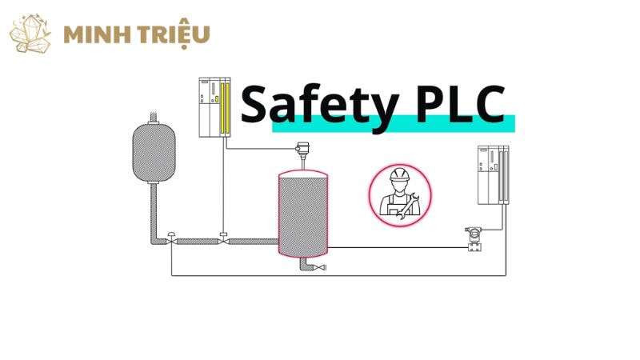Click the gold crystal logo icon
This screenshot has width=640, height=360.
coord(30,34)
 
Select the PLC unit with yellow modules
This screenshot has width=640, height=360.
coord(214,107)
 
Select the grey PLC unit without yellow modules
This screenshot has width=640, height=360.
coord(492,174)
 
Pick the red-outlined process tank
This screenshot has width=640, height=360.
coord(303,212)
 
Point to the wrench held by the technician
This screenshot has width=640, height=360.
coord(409,206)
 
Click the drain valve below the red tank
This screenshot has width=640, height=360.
coord(321,267)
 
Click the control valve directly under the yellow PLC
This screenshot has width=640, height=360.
coord(223,238)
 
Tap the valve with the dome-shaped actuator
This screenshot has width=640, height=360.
coord(172,238)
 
